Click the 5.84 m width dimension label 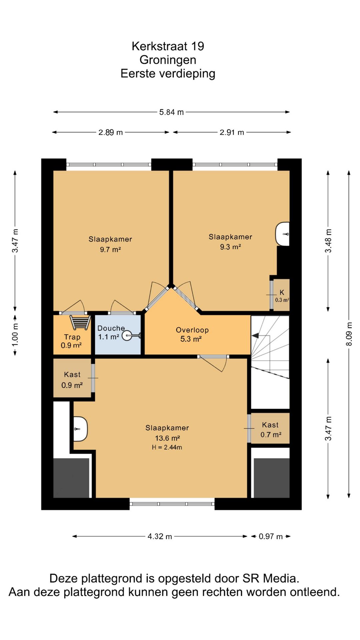pos(171,112)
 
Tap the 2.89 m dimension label pos(110,132)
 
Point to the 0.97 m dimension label pos(271,536)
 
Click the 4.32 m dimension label pos(160,536)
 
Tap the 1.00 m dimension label pos(15,335)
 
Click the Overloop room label pos(192,330)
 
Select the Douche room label pos(111,328)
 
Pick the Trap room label pos(72,337)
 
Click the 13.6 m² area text pos(167,438)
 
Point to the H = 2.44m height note pos(167,447)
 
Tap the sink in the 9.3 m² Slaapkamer pos(282,234)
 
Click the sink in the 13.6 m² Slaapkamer pos(80,429)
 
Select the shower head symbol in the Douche pos(131,335)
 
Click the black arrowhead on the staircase pos(255,336)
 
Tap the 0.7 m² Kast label pos(270,430)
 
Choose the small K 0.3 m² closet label pos(282,296)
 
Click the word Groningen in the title pos(168,60)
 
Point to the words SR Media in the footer pos(271,579)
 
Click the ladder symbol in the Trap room pos(80,323)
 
